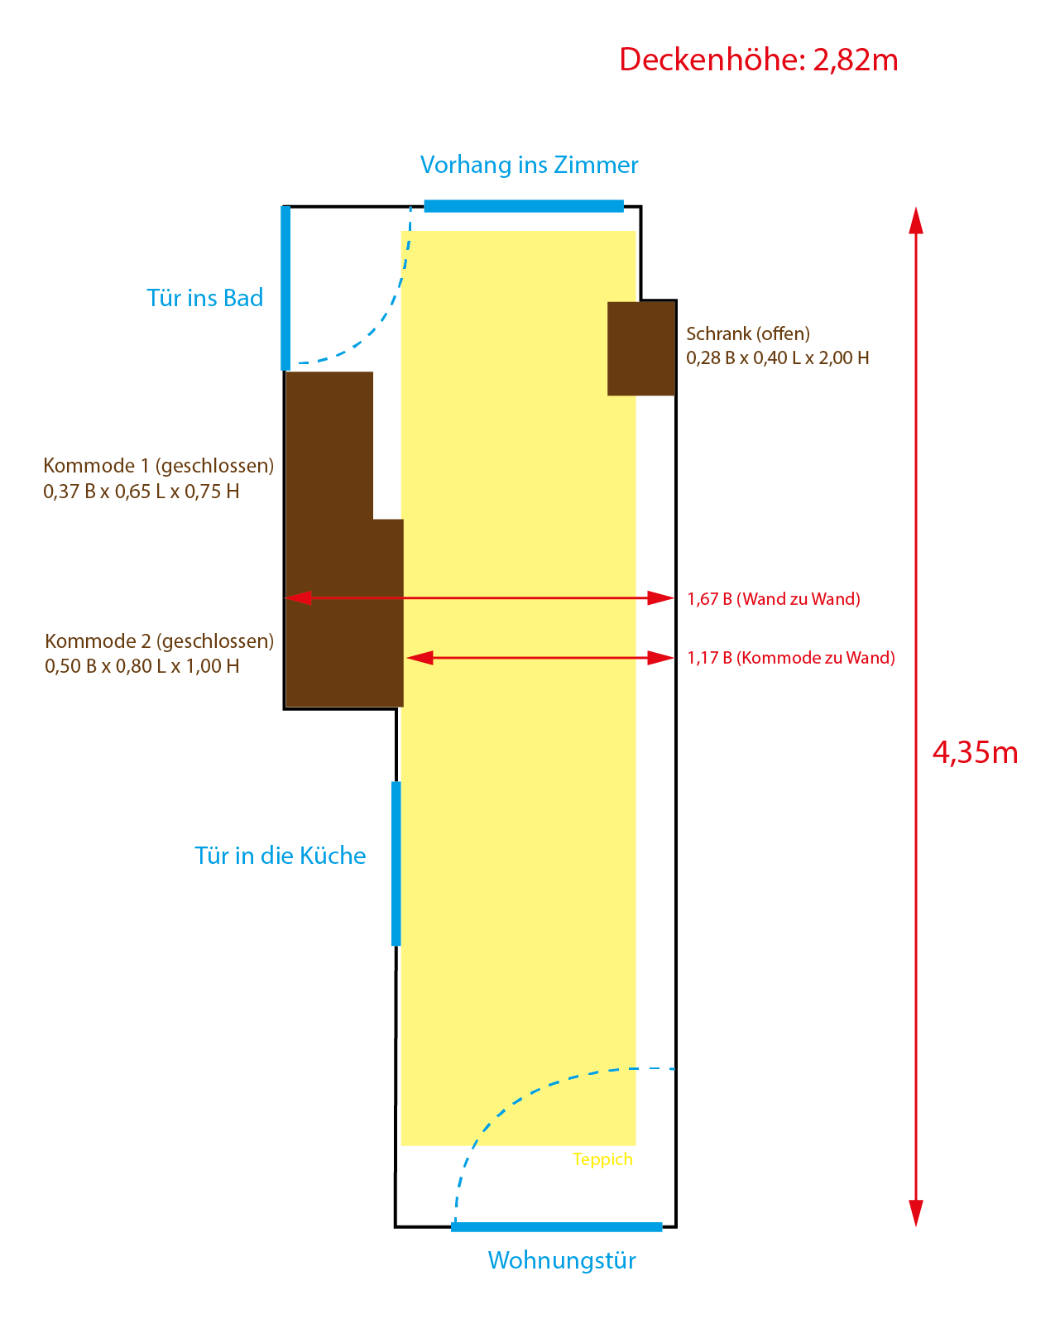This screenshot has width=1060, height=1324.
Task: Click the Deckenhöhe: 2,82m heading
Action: (x=758, y=60)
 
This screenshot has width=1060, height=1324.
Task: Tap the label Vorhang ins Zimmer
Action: (x=529, y=165)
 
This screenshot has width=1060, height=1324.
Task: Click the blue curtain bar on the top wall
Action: (x=523, y=206)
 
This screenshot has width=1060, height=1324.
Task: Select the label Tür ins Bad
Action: (x=204, y=298)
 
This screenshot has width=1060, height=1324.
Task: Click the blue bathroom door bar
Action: (x=285, y=287)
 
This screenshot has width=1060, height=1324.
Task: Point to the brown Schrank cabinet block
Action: (x=641, y=348)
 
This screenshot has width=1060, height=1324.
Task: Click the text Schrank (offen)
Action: (x=748, y=333)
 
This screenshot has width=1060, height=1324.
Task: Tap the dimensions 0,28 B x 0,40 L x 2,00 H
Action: (x=778, y=358)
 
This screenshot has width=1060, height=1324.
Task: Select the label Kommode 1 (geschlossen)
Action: (x=158, y=465)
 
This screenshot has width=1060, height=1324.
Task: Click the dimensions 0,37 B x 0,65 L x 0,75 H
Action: (x=141, y=492)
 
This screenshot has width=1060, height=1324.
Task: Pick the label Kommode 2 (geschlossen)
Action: (x=159, y=640)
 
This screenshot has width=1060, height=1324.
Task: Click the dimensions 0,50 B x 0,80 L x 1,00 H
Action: (x=142, y=666)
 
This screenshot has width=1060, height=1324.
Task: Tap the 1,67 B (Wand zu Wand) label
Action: (x=774, y=599)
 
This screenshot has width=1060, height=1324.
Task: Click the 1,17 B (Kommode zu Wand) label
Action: (x=791, y=658)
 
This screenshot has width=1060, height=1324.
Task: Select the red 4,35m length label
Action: (x=975, y=752)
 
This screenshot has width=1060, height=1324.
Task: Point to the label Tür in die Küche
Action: (x=280, y=856)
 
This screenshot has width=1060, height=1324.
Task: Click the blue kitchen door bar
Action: (x=396, y=863)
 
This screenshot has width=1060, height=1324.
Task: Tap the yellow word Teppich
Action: (x=602, y=1159)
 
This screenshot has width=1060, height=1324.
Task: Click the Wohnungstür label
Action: (x=562, y=1260)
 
